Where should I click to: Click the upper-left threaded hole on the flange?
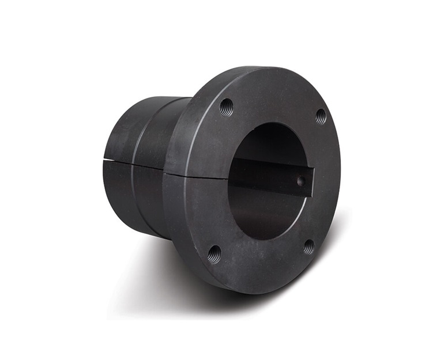(227, 107)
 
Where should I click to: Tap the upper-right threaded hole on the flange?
(321, 116)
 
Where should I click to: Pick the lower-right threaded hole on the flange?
(309, 247)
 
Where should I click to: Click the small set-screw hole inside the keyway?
(300, 181)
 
